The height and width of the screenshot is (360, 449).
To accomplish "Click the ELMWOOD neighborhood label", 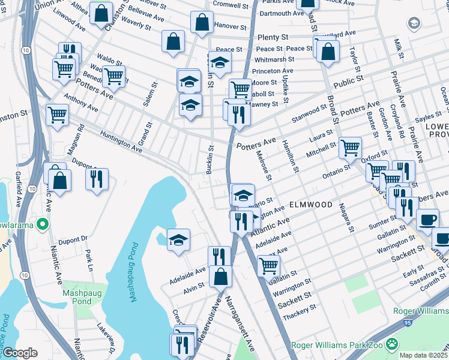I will pyautogui.click(x=310, y=205).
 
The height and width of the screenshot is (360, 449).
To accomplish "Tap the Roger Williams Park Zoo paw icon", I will pyautogui.click(x=392, y=344).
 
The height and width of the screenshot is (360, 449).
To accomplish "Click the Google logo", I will pyautogui.click(x=20, y=353).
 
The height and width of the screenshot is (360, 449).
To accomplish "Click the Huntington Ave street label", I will pyautogui.click(x=121, y=142).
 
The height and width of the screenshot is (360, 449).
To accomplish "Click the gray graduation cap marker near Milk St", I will pyautogui.click(x=414, y=23).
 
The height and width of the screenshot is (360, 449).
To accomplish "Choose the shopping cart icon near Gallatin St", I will pyautogui.click(x=268, y=265).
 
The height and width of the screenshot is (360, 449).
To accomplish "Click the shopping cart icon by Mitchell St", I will pyautogui.click(x=350, y=146).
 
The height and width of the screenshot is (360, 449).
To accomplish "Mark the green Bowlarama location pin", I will pyautogui.click(x=42, y=225).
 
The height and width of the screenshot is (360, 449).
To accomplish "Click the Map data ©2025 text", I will pyautogui.click(x=422, y=355).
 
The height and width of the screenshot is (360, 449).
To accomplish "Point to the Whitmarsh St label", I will pyautogui.click(x=274, y=59).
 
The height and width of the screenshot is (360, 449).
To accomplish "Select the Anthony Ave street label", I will pyautogui.click(x=80, y=103).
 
